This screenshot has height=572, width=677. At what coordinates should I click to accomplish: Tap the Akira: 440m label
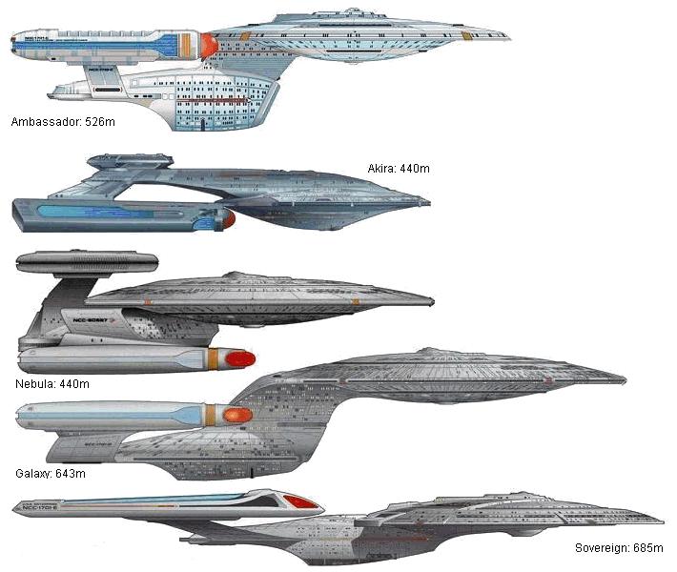(x=399, y=169)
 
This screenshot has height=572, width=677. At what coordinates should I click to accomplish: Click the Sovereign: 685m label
(x=619, y=548)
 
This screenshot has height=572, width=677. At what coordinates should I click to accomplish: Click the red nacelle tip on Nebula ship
(x=238, y=359)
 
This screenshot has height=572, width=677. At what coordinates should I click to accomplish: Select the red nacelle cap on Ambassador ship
(x=207, y=45)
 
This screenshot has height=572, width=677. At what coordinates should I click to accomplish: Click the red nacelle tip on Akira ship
(x=228, y=219)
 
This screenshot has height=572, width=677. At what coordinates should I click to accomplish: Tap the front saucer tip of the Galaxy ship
(x=624, y=378)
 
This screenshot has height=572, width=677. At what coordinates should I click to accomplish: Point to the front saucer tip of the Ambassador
(x=507, y=38)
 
